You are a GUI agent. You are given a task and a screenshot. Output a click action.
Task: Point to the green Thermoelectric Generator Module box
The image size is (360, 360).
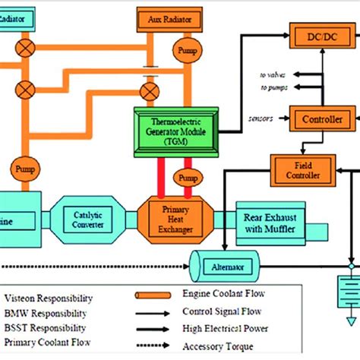[x=175, y=131]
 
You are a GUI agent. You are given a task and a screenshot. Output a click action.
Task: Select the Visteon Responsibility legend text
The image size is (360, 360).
[x=49, y=298]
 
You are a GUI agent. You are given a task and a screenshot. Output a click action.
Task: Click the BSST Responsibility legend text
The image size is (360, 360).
[x=46, y=327]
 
